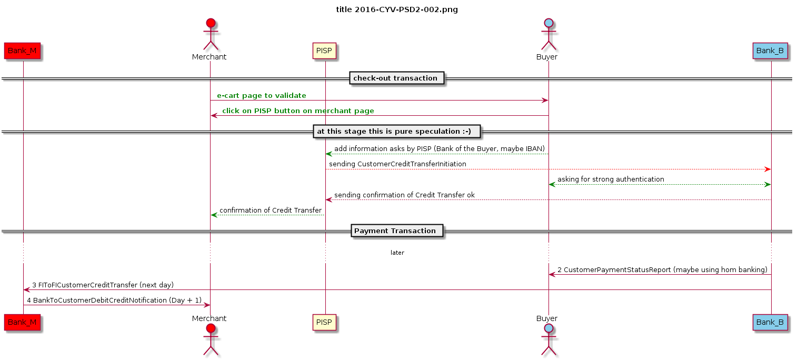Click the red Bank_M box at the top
tap(23, 51)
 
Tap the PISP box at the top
tap(324, 51)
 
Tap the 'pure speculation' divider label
tap(397, 131)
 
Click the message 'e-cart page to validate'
tap(261, 95)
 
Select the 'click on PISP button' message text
tap(298, 111)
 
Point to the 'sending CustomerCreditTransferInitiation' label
tap(397, 164)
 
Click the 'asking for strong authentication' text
tap(611, 179)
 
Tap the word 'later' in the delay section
tap(397, 253)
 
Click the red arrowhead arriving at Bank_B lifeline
tap(767, 169)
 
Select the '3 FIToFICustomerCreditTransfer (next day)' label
tap(103, 285)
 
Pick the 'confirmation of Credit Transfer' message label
tap(271, 210)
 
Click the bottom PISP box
tap(324, 322)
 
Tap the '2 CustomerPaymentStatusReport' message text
tap(662, 269)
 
